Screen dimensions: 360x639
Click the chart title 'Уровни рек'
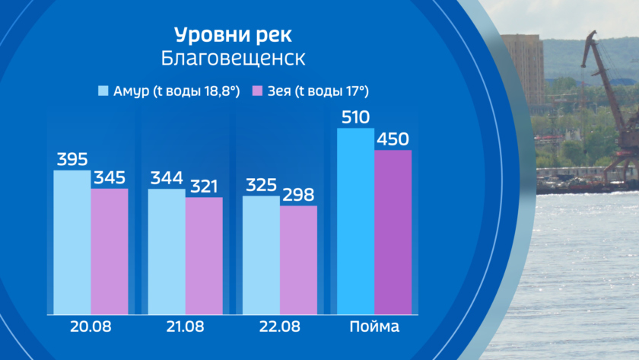pos(232,36)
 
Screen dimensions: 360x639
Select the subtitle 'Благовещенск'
pos(232,59)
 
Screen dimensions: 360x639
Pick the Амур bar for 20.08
pos(72,242)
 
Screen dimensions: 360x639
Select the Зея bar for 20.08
pos(110,251)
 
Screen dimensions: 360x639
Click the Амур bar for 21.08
pos(167,251)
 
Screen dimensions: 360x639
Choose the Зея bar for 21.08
pos(204,256)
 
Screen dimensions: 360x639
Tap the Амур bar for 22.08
pos(261,255)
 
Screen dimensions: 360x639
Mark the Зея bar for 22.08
pos(298,260)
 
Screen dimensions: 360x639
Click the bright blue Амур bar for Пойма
pos(355,221)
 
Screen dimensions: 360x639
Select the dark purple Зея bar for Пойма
pos(393,232)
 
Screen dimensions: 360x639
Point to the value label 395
pos(72,160)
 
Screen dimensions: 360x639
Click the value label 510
pos(355,118)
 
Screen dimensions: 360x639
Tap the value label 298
pos(298,196)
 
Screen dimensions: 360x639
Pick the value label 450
pos(393,140)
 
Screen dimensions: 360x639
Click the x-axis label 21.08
pos(185,327)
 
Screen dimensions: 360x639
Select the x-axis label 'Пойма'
pos(374,327)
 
